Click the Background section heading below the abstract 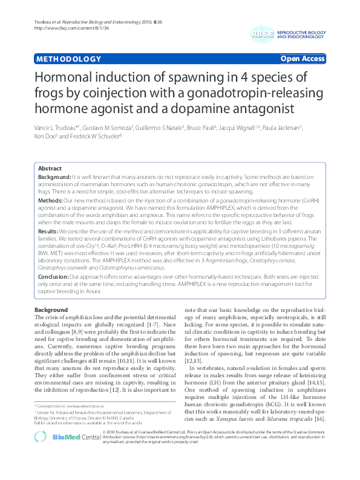[x=52, y=310]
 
